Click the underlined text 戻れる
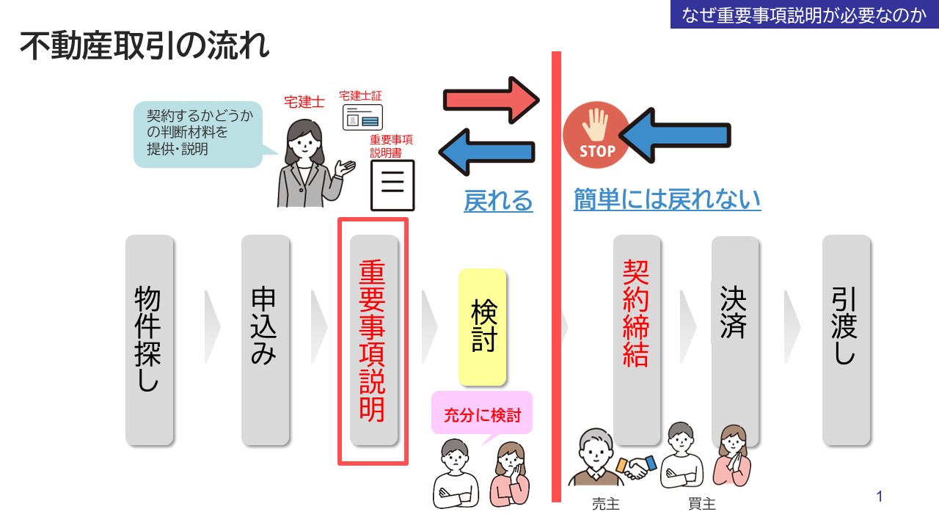tap(498, 200)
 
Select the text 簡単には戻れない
tap(667, 199)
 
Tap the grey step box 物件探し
tap(150, 340)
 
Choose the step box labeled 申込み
tap(265, 340)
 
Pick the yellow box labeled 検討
tap(483, 327)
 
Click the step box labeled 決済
tap(734, 323)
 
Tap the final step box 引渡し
tap(846, 340)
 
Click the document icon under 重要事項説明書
tap(392, 184)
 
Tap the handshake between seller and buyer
tap(636, 466)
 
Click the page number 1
tap(880, 497)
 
